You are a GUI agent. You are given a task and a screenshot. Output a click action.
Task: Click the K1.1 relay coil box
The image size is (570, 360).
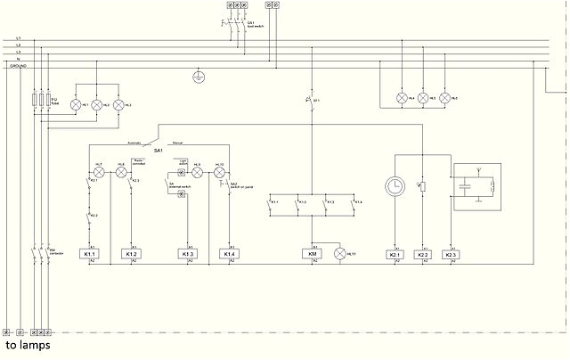coord(90,255)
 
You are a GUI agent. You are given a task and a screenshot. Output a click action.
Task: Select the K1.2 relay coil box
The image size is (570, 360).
coord(132,255)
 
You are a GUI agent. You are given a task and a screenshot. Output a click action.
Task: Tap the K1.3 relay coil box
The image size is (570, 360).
coord(188,255)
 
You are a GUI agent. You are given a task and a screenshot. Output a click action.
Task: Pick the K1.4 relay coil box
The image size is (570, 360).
coord(229,255)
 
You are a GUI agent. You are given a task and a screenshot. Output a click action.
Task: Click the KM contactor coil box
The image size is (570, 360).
coord(313,255)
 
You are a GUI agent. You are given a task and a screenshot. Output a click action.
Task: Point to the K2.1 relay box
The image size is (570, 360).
coord(395,255)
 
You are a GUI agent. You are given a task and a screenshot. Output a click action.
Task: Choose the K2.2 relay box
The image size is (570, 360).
coord(423,255)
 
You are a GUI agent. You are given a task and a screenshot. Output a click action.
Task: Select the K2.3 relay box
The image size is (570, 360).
coord(451,255)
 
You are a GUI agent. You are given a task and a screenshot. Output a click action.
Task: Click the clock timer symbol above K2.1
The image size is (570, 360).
coord(395,186)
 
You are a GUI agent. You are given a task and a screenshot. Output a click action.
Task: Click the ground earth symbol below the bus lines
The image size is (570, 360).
coord(199,78)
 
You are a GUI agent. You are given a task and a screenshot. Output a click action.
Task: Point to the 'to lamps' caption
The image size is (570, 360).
coord(28,345)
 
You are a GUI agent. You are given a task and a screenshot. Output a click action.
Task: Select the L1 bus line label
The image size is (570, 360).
coord(18,38)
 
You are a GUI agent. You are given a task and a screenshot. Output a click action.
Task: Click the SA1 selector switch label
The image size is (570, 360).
coord(159,151)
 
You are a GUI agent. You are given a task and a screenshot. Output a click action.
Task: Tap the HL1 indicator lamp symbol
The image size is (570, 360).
coord(75,105)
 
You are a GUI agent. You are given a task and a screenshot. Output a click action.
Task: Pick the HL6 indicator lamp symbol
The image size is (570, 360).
coord(444,97)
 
